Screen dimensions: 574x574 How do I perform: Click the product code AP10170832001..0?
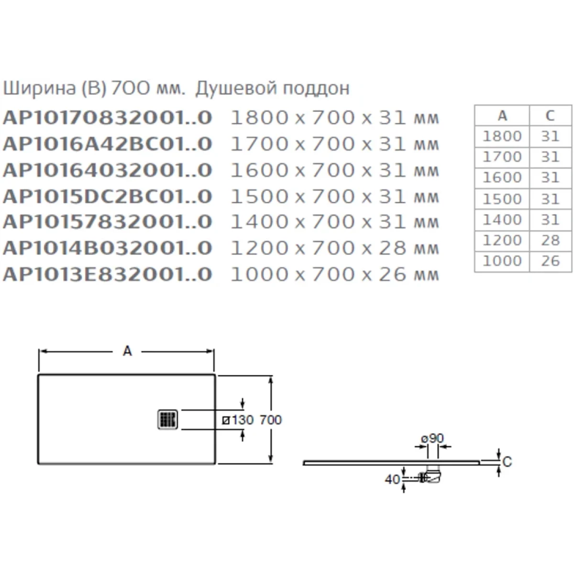(108, 117)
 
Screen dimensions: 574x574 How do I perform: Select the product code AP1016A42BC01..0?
(108, 143)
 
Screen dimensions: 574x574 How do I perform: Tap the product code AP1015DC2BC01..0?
(108, 196)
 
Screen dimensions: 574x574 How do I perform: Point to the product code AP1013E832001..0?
(108, 274)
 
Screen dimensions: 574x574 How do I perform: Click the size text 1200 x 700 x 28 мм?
(335, 248)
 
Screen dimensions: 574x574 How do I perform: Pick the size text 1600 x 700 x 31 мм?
(335, 170)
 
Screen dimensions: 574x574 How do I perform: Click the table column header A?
(502, 116)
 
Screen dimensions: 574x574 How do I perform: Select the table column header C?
(550, 116)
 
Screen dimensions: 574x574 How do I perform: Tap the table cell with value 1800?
(502, 136)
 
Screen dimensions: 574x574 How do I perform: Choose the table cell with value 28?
(550, 240)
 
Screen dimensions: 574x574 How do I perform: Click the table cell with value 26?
(550, 261)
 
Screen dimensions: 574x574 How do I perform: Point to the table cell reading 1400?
(502, 220)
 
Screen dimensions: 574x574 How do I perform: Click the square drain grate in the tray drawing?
(168, 419)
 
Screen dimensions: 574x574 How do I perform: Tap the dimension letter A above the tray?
(127, 351)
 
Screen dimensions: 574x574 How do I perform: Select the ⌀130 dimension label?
(238, 419)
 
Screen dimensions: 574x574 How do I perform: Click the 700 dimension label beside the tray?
(271, 419)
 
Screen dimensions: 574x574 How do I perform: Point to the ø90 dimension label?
(432, 438)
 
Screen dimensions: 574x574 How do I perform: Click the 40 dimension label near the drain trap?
(392, 479)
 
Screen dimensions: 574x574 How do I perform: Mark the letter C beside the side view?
(508, 462)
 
